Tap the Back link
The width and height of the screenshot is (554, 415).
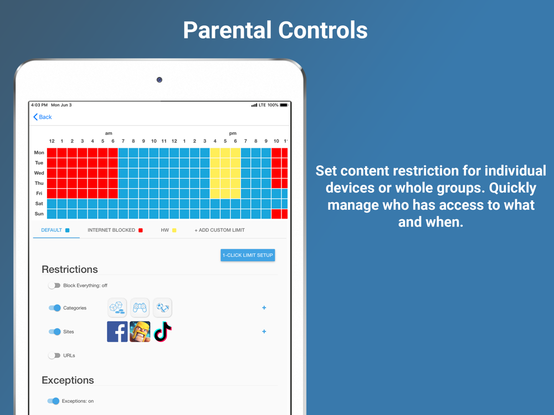[43, 117]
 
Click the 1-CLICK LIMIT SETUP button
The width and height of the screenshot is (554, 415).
[248, 255]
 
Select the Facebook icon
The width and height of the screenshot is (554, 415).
[117, 331]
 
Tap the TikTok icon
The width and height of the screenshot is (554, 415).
[163, 331]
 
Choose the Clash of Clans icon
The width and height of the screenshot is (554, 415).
[140, 331]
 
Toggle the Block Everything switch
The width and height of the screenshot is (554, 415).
[54, 286]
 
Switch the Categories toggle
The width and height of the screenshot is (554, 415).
[55, 308]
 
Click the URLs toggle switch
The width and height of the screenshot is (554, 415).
[54, 355]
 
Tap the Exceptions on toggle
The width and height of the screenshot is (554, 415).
[53, 401]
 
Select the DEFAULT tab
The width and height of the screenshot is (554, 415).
[55, 230]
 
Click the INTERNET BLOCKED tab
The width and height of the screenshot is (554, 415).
[115, 230]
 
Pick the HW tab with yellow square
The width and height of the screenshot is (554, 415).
[168, 230]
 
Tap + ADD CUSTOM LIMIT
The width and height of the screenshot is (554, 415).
[219, 230]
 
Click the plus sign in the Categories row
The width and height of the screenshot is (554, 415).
[264, 308]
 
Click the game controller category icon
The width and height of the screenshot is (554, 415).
[140, 308]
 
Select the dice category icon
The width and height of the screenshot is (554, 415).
[117, 308]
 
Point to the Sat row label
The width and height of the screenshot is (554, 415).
[39, 204]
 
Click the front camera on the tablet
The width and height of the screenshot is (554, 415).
[160, 80]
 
